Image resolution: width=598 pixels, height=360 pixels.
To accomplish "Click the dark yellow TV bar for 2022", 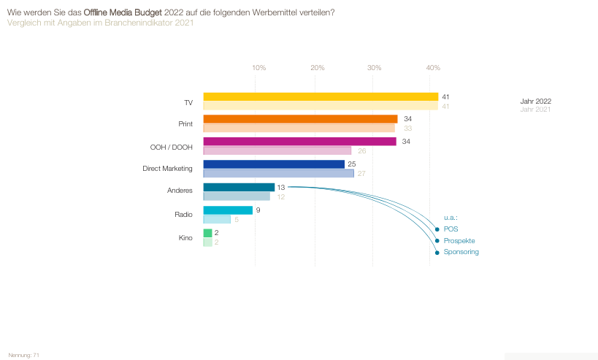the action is (x=321, y=97).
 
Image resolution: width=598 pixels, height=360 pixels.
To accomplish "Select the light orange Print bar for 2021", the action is (x=299, y=128).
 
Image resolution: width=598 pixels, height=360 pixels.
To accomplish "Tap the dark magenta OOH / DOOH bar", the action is (x=300, y=142).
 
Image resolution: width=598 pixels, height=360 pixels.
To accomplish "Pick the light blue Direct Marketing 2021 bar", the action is (x=278, y=174).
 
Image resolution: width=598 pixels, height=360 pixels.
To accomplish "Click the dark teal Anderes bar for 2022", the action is (x=239, y=187).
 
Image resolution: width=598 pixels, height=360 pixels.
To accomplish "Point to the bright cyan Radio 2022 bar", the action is (x=228, y=210).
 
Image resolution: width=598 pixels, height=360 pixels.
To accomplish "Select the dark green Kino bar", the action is (x=207, y=233).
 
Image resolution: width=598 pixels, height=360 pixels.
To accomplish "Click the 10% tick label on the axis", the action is (x=259, y=68).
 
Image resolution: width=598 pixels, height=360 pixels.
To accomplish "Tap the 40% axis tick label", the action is (x=433, y=68).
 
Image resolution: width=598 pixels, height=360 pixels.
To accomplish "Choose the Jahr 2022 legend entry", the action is (x=535, y=102).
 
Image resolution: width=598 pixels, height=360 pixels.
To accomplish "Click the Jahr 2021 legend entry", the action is (x=535, y=110).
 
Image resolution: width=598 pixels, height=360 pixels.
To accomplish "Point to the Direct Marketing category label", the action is (x=167, y=169).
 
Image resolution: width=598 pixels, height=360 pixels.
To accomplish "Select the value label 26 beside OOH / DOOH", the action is (x=362, y=151).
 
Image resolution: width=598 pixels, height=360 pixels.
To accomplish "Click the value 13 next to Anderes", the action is (x=281, y=188).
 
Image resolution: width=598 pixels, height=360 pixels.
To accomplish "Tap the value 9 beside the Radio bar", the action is (x=258, y=210).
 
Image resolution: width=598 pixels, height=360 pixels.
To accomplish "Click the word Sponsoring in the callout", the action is (x=461, y=252).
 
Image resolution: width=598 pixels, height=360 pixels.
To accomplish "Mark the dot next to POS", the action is (x=437, y=229).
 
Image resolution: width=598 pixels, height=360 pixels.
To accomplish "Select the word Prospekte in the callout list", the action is (x=459, y=241).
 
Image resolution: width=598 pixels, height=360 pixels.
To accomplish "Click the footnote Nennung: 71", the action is (x=23, y=356).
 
